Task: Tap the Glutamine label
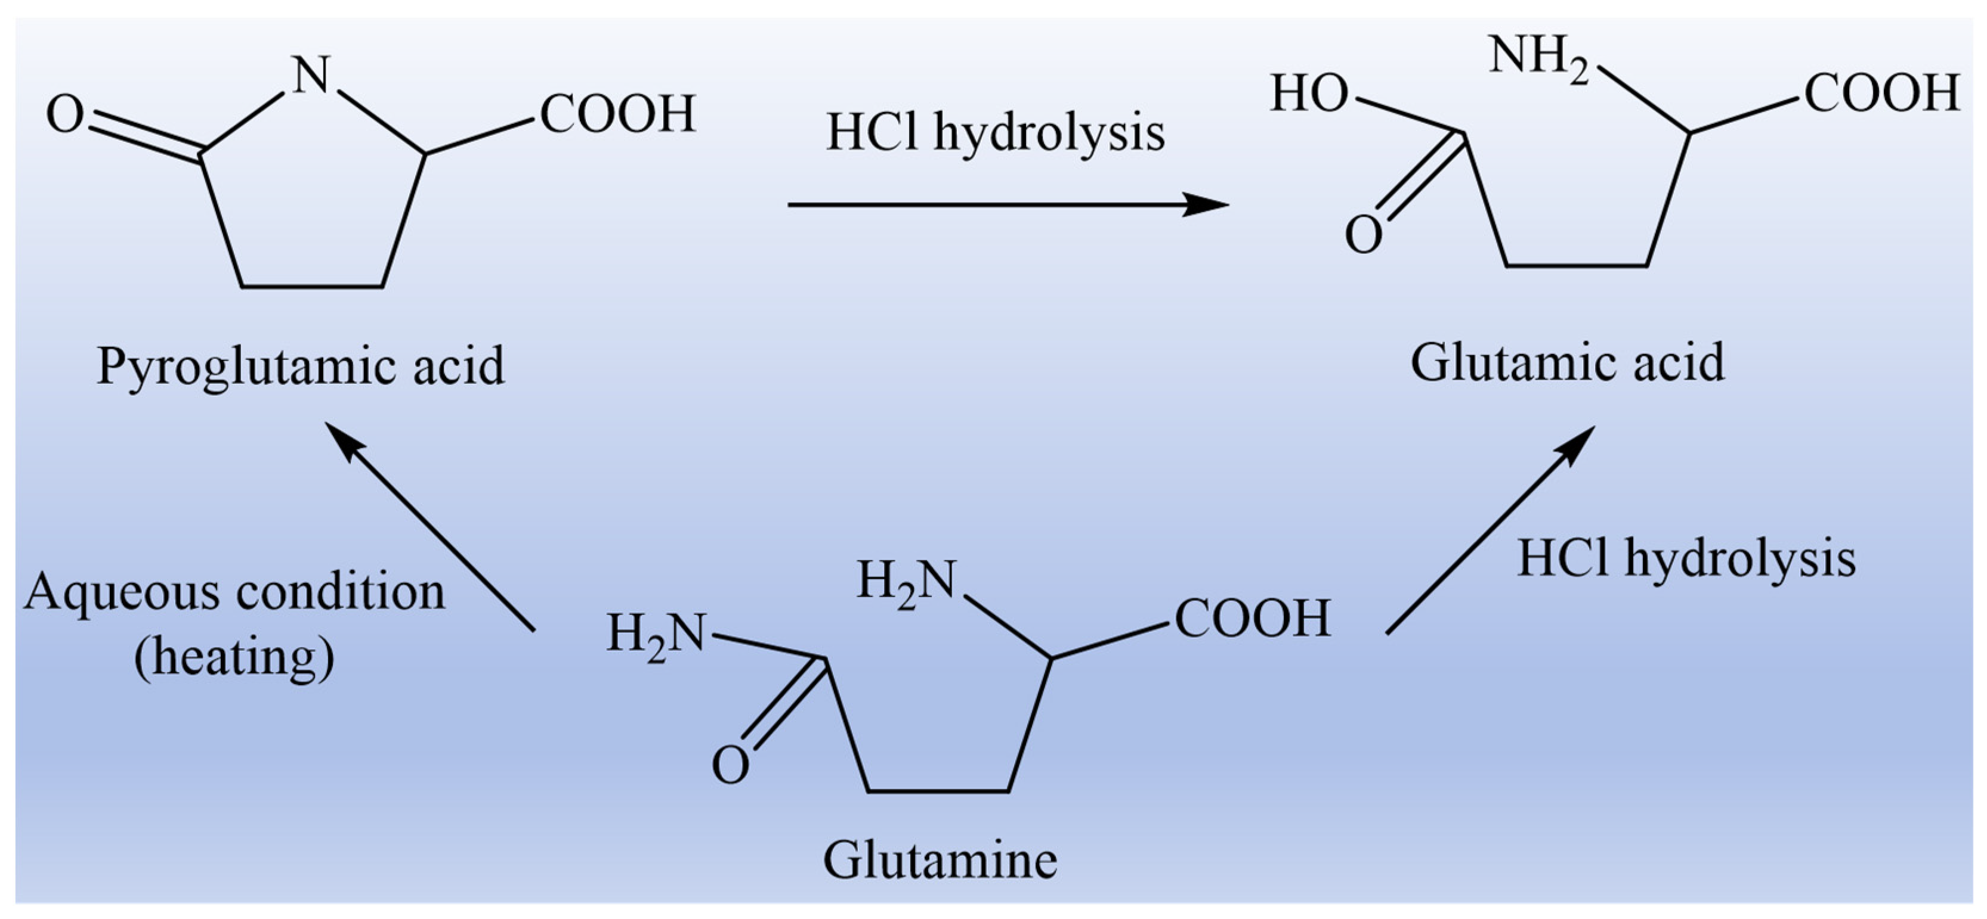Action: coord(940,861)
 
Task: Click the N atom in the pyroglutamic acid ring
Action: coord(313,74)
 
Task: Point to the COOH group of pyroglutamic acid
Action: coord(617,114)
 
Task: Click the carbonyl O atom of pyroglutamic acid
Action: coord(65,116)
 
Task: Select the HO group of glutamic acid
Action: coord(1309,94)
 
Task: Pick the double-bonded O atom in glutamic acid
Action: coord(1363,235)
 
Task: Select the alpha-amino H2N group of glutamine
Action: coord(906,582)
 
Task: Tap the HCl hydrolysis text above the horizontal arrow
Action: coord(995,133)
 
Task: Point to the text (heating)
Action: coord(234,657)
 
